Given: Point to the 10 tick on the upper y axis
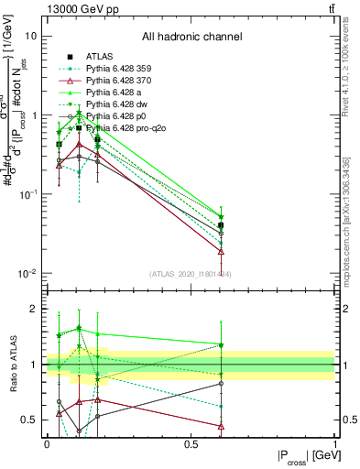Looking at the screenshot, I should click(x=31, y=36).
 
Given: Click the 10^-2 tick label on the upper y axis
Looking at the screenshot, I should click(x=27, y=275).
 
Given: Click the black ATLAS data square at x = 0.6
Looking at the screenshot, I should click(x=221, y=225).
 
